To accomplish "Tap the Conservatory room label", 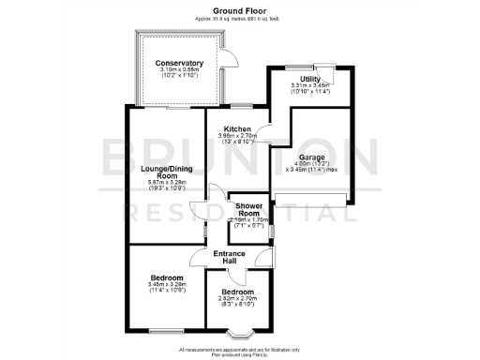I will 179,63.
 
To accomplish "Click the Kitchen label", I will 236,128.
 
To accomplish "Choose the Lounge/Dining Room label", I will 167,172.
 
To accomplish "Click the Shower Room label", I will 248,209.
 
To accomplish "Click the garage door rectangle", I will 312,199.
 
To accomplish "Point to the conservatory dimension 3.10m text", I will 179,70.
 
